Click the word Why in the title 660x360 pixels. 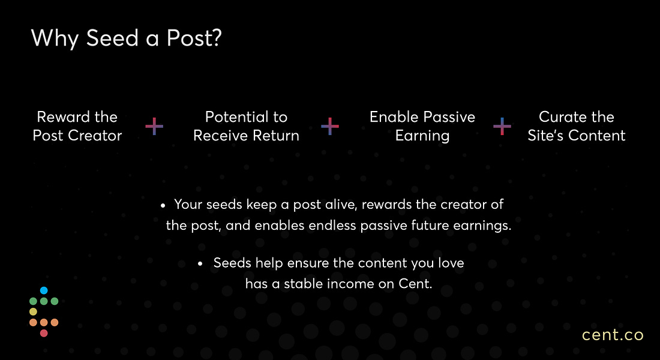pyautogui.click(x=55, y=39)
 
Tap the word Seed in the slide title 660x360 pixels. pyautogui.click(x=112, y=38)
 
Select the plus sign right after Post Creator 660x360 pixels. pyautogui.click(x=154, y=127)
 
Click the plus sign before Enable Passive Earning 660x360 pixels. pyautogui.click(x=330, y=127)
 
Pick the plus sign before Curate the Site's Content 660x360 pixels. pyautogui.click(x=502, y=127)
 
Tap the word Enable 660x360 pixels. pyautogui.click(x=394, y=116)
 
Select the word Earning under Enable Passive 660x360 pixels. pyautogui.click(x=422, y=136)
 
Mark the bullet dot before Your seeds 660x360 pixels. pyautogui.click(x=163, y=206)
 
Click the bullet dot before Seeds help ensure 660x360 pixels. pyautogui.click(x=200, y=264)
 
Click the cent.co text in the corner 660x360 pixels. pyautogui.click(x=613, y=335)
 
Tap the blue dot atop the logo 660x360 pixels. pyautogui.click(x=44, y=290)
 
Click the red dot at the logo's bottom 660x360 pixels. pyautogui.click(x=44, y=334)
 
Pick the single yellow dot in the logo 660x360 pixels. pyautogui.click(x=33, y=312)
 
